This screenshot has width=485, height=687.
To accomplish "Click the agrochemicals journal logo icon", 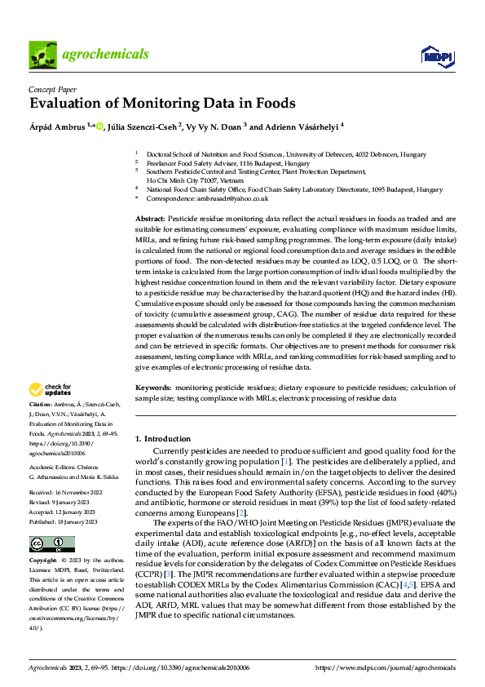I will tap(42, 55).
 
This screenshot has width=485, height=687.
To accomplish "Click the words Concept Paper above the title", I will tap(52, 91).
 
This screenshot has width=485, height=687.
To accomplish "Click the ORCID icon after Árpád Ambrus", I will tap(99, 126).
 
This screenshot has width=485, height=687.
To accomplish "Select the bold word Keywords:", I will tap(153, 388).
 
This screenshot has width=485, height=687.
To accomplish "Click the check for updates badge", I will tap(51, 389).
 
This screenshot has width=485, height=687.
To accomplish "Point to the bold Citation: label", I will tap(41, 405).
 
